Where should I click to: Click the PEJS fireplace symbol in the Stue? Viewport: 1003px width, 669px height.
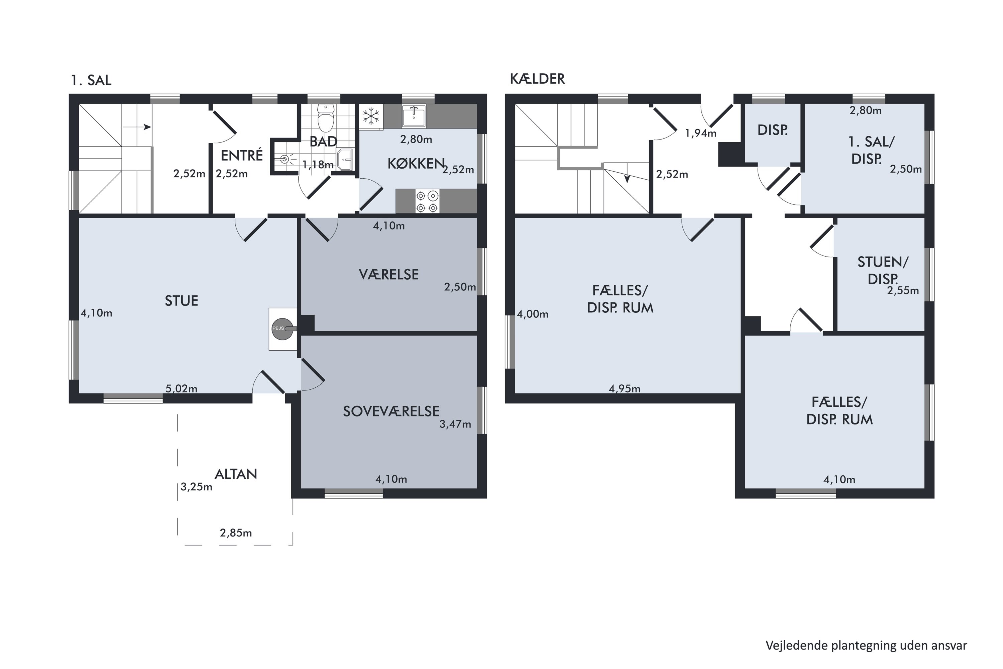pos(283,328)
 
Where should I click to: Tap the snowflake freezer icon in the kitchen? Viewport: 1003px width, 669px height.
pos(371,116)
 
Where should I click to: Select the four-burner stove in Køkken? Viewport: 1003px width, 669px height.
pos(427,201)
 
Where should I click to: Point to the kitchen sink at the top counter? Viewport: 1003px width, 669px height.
pos(413,116)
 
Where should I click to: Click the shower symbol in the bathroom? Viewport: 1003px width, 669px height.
pos(285,160)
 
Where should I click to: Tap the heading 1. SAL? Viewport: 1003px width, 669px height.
pos(91,80)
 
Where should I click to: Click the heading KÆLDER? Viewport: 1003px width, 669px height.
pos(537,79)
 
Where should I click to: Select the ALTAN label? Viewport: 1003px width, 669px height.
pos(235,474)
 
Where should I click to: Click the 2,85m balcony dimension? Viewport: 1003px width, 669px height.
pos(235,533)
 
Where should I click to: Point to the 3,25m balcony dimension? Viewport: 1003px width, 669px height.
pos(196,487)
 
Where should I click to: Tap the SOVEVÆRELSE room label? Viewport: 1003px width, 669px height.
pos(391,411)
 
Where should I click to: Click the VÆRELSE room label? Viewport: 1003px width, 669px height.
pos(388,274)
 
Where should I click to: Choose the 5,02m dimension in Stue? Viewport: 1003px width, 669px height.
pos(181,389)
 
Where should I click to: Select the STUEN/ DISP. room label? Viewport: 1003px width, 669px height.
pos(882,270)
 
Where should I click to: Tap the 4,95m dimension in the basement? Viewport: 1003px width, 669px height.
pos(624,389)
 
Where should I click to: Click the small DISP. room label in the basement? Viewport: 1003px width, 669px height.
pos(772,130)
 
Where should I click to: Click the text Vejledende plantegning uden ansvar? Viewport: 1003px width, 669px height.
pos(866,646)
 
